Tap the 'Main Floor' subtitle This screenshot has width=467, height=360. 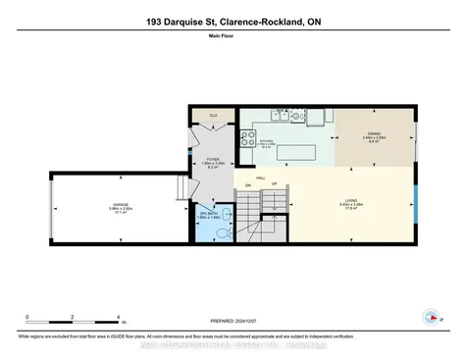tap(233, 40)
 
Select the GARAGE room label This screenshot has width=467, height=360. tap(119, 207)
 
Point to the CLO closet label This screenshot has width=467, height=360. tap(213, 116)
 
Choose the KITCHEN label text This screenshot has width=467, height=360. tap(264, 142)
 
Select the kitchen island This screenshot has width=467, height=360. tap(296, 152)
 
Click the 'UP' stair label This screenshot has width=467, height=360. tap(274, 183)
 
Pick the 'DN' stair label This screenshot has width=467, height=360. tap(248, 184)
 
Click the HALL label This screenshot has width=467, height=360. tap(261, 178)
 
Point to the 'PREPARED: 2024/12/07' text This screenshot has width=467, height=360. tap(233, 322)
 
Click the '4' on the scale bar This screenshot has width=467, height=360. tap(118, 317)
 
